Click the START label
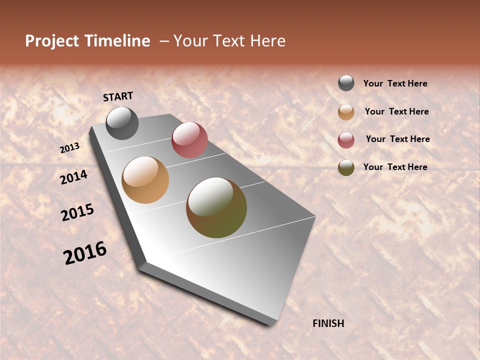118,96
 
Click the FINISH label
328,323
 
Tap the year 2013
70,148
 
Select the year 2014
74,177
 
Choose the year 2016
85,253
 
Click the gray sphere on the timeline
122,123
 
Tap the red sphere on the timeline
189,140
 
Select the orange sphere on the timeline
145,180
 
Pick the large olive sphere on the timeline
216,207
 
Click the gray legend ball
346,83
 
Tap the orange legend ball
346,112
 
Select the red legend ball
346,140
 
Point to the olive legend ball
346,167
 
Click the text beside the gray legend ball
395,84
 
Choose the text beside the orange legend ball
396,112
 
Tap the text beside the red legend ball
397,139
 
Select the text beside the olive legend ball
395,167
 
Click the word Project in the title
52,41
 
